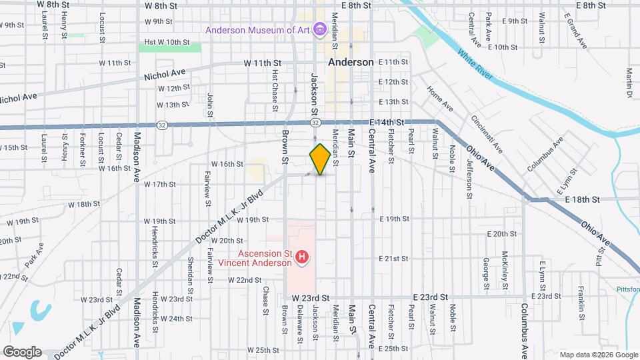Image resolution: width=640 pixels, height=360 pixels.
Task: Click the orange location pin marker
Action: (x=320, y=159)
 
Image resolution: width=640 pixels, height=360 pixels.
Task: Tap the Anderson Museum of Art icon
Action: (x=320, y=29)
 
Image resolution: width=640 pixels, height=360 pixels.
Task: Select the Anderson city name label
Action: (x=351, y=62)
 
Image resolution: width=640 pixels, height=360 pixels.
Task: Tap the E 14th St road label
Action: (x=387, y=123)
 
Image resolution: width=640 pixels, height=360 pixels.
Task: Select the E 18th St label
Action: (x=583, y=199)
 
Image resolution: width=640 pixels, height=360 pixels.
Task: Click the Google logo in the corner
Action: (x=21, y=351)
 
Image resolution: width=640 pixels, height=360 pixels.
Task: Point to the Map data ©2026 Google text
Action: (x=598, y=355)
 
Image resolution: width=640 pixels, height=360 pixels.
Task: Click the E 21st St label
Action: (x=393, y=258)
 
